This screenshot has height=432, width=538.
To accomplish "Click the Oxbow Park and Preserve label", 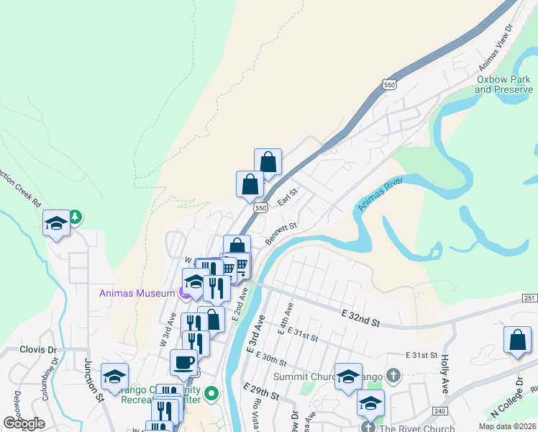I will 502,84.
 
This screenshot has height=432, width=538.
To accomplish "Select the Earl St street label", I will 288,197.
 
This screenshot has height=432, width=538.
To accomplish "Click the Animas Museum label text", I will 137,292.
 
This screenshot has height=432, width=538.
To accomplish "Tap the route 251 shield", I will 530,298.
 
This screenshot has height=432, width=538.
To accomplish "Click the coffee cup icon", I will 183,362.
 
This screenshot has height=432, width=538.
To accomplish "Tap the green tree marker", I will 75,216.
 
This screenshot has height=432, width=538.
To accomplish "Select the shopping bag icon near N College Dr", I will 517,340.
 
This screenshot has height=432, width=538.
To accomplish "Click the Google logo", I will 23,423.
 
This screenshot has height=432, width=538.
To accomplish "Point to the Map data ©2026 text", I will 506,426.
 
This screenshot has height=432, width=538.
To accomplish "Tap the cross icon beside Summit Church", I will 393,375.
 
